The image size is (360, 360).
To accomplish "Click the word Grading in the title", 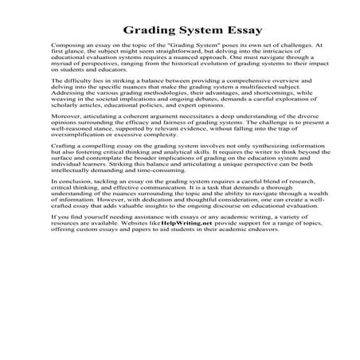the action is coord(149,33).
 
